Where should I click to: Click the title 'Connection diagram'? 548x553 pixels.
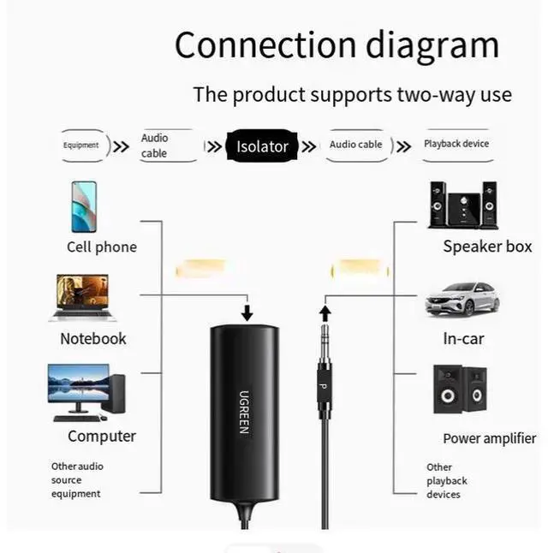coord(337,45)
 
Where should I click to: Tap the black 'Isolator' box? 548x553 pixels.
coord(262,146)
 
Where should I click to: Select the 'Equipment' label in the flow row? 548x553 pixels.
coord(80,145)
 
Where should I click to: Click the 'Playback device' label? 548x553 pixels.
coord(456,144)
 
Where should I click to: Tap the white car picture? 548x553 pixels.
coord(462,297)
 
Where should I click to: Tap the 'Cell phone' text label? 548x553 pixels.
coord(101,247)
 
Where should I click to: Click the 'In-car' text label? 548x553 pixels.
coord(463,339)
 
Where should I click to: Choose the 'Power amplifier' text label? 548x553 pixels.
coord(489,438)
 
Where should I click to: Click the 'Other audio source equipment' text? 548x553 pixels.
coord(76,480)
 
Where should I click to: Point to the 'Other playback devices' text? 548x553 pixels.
coord(447,481)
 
